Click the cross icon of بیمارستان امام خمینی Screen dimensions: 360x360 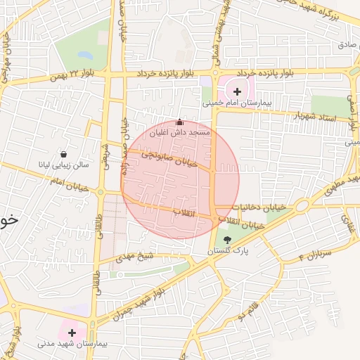237,91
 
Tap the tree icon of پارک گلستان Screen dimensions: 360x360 226,240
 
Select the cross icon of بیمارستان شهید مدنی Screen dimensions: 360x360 72,331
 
